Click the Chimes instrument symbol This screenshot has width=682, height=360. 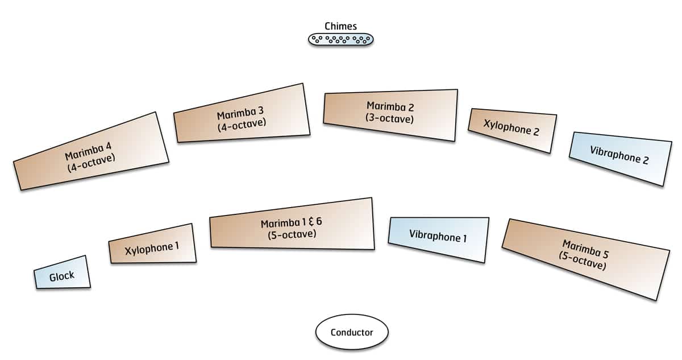tap(340, 39)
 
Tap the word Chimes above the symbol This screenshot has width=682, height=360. tap(340, 26)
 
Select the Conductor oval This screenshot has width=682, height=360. tap(352, 332)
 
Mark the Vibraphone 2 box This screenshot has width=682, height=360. tap(619, 158)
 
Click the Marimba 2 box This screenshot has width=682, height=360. tap(390, 114)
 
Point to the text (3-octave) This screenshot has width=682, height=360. tap(390, 119)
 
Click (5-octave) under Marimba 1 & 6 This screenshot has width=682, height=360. tap(292, 233)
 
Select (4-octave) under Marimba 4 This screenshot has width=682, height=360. tap(93, 163)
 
